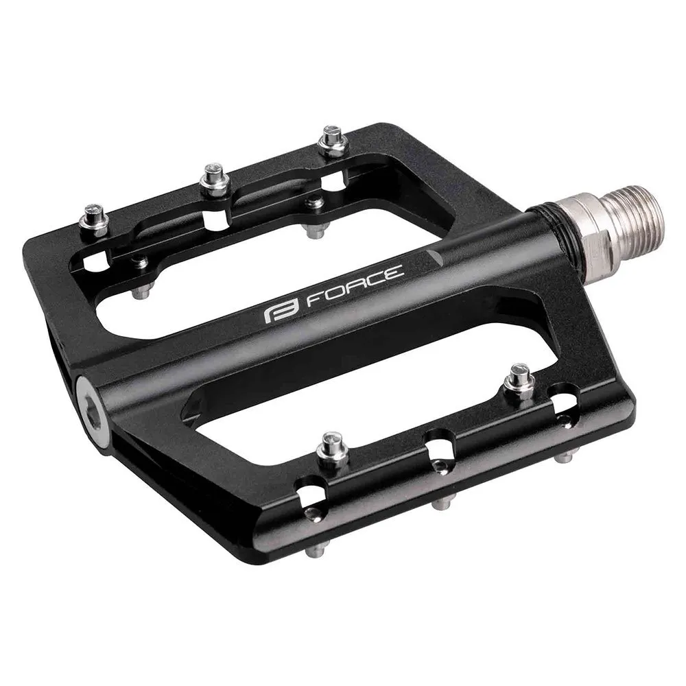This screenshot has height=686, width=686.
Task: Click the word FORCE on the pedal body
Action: point(354,287)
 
